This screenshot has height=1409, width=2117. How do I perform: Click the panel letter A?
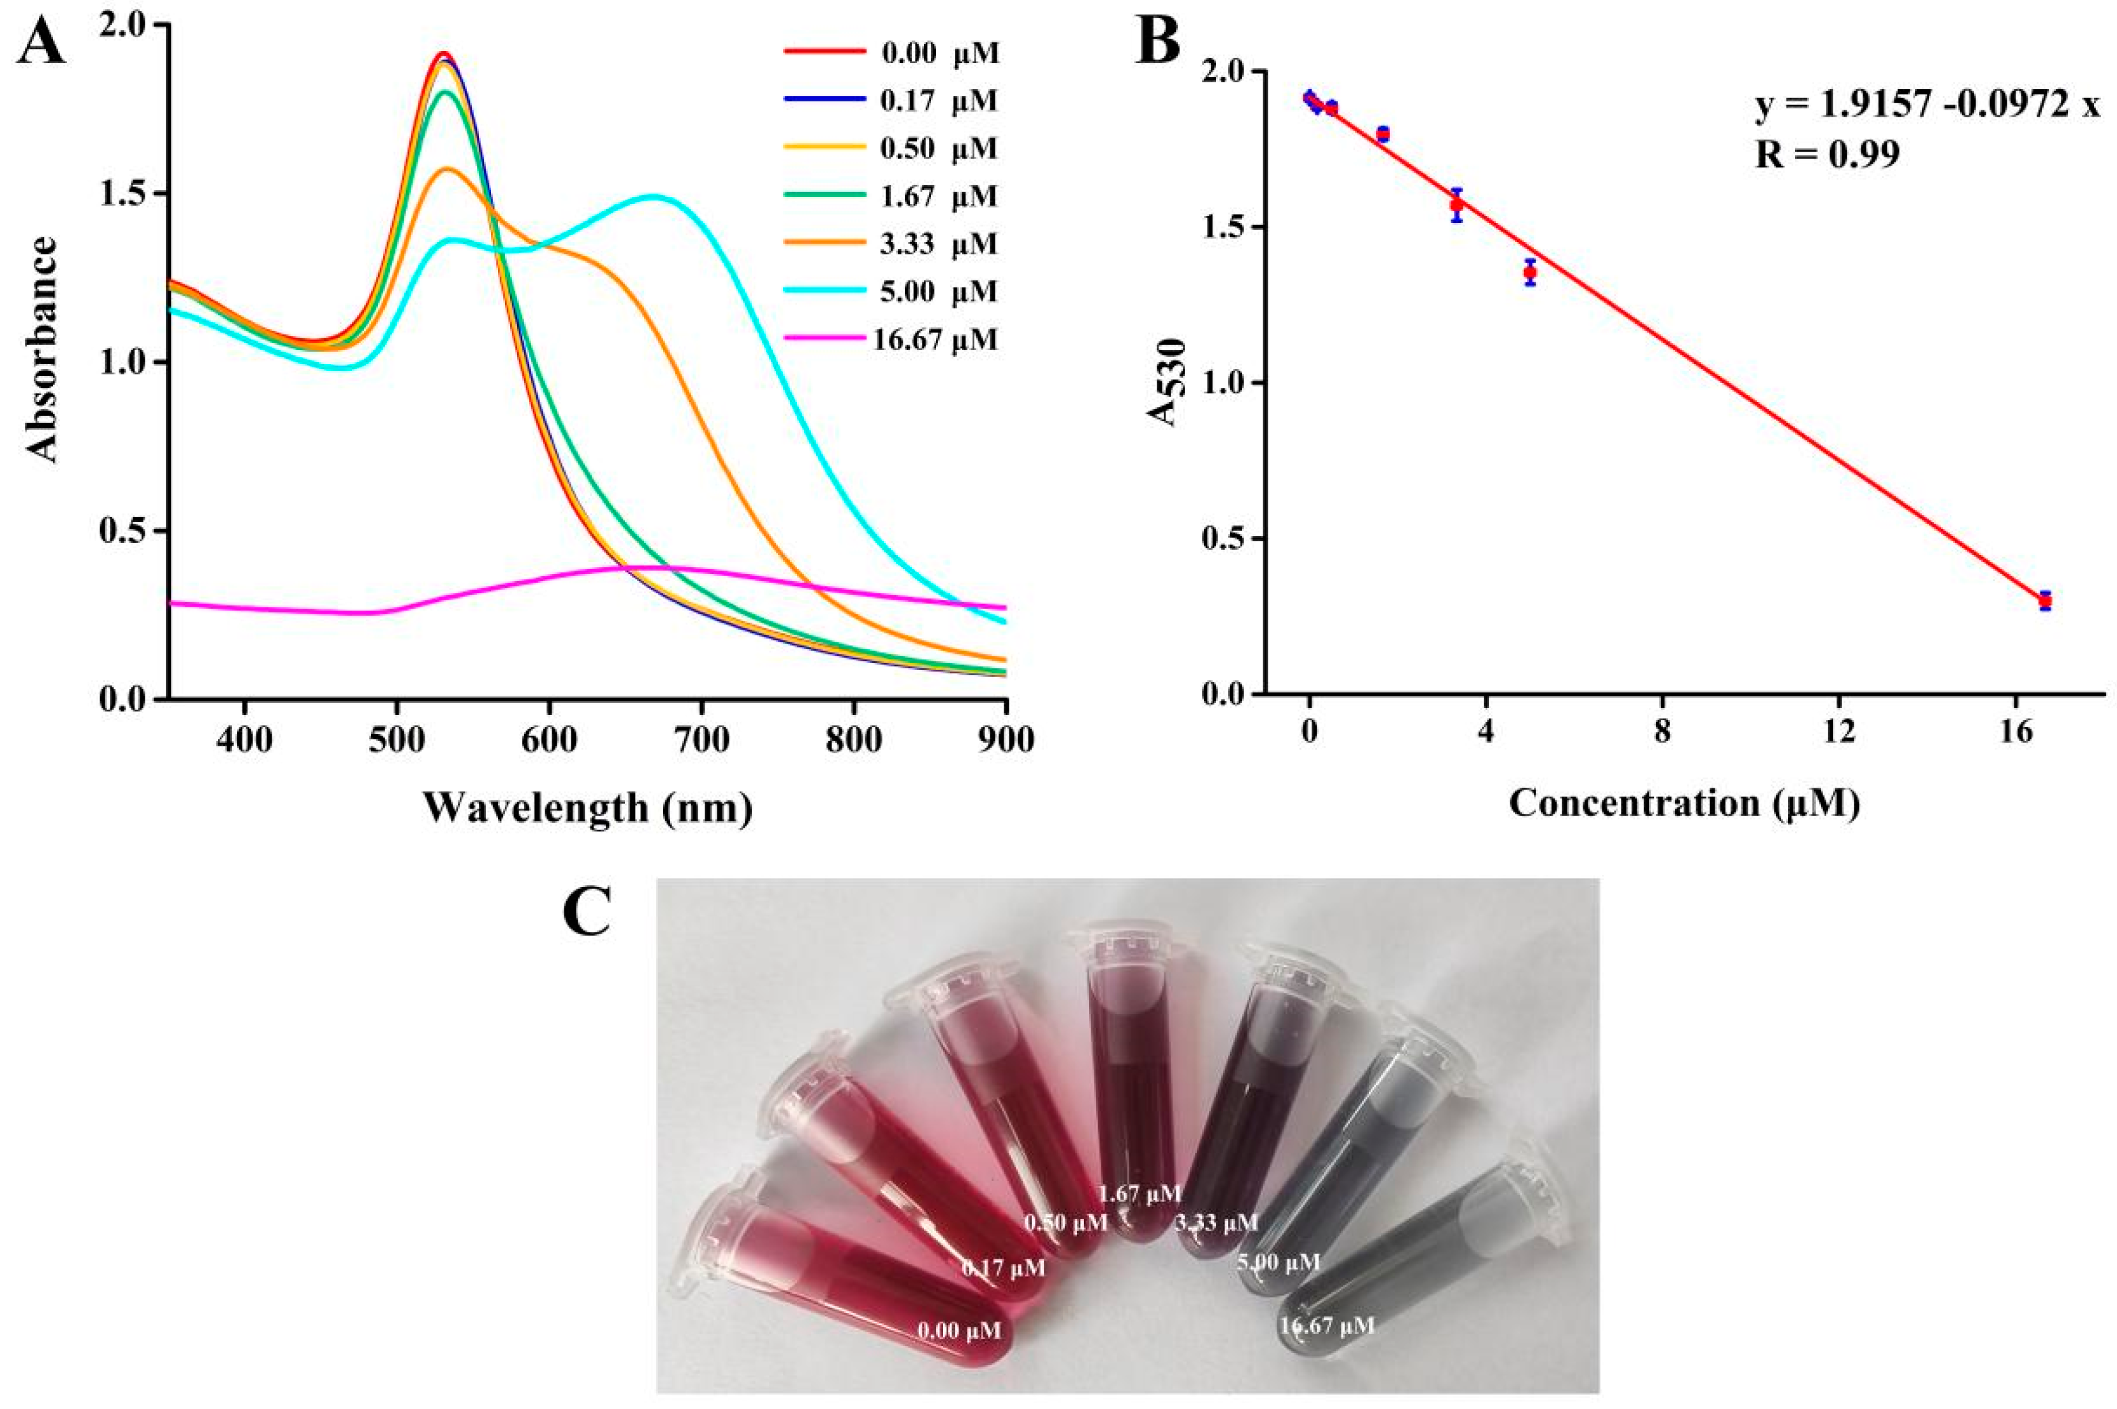coord(40,45)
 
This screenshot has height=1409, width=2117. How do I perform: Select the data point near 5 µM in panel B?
coord(1530,271)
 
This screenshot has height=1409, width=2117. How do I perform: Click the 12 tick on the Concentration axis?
coord(1839,732)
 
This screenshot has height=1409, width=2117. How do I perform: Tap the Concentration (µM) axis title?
coord(1683,802)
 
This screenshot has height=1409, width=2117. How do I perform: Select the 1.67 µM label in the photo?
coord(1139,1194)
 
